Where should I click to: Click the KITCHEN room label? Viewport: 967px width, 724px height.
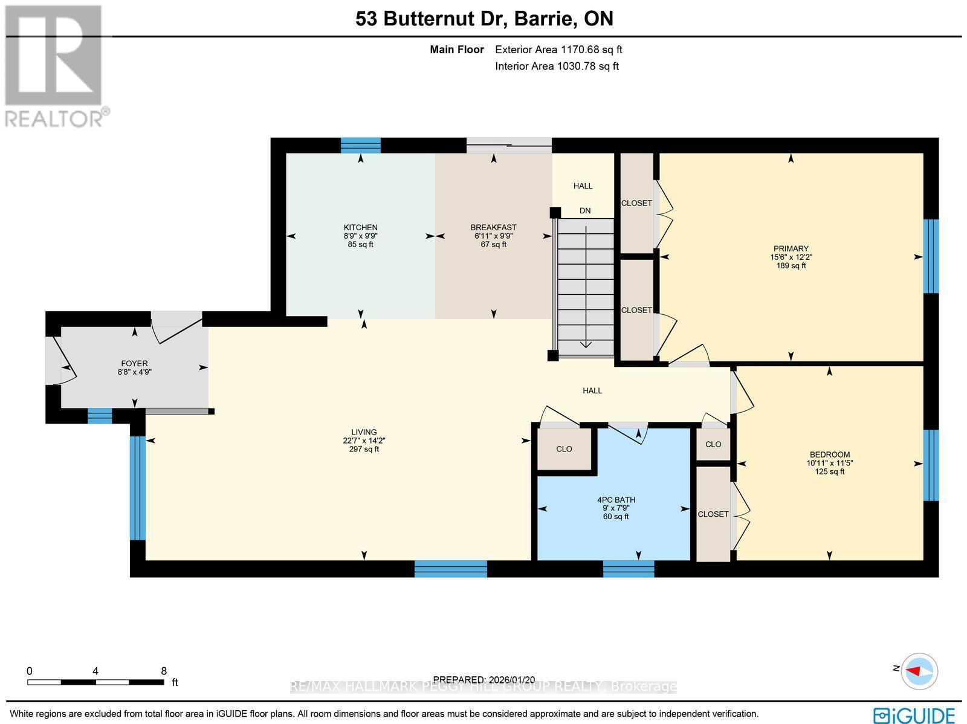pyautogui.click(x=360, y=228)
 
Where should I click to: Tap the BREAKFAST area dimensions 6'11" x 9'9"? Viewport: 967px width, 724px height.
pyautogui.click(x=493, y=236)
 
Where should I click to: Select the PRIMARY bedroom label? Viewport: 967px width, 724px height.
pyautogui.click(x=791, y=248)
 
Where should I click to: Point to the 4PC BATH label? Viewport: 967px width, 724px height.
pyautogui.click(x=616, y=500)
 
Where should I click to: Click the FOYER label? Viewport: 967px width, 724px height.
pyautogui.click(x=134, y=363)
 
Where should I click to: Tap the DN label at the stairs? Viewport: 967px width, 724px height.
pyautogui.click(x=584, y=211)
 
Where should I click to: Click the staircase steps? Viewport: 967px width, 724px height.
pyautogui.click(x=585, y=284)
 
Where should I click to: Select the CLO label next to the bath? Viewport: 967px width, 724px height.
pyautogui.click(x=564, y=449)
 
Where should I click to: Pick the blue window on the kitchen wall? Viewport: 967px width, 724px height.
pyautogui.click(x=361, y=145)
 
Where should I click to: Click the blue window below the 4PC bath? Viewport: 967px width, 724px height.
pyautogui.click(x=628, y=568)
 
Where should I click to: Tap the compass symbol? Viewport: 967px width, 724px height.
pyautogui.click(x=919, y=670)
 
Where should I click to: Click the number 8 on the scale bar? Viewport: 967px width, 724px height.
pyautogui.click(x=164, y=671)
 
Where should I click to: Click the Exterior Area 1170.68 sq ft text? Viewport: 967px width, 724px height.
pyautogui.click(x=558, y=50)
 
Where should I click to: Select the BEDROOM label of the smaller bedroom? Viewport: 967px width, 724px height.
pyautogui.click(x=829, y=454)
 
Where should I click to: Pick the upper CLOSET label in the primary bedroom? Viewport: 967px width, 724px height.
pyautogui.click(x=636, y=203)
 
